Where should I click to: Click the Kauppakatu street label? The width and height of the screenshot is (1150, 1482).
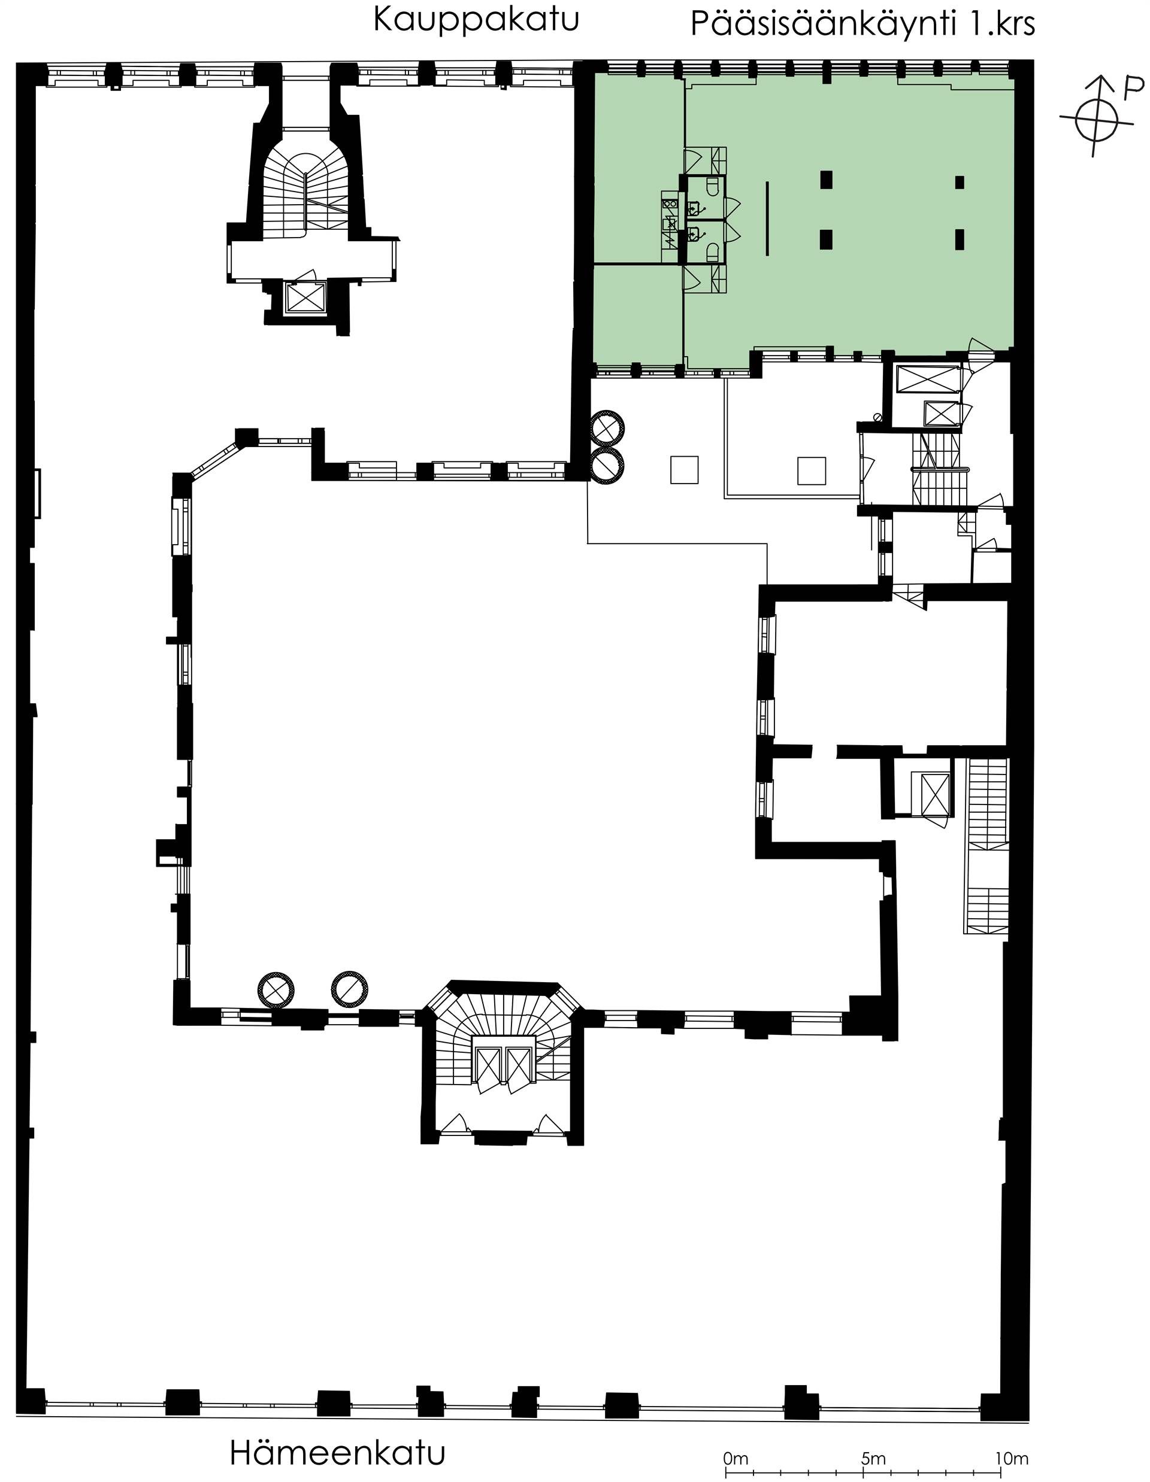coord(476,20)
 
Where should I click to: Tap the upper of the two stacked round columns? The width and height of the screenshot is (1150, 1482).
coord(606,427)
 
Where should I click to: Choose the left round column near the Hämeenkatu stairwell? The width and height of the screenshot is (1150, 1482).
coord(276,990)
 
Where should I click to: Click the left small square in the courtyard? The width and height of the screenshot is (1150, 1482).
coord(684,470)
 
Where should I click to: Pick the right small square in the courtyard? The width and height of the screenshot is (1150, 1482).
coord(811,470)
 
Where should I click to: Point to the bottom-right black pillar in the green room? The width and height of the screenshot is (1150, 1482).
coord(960,239)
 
